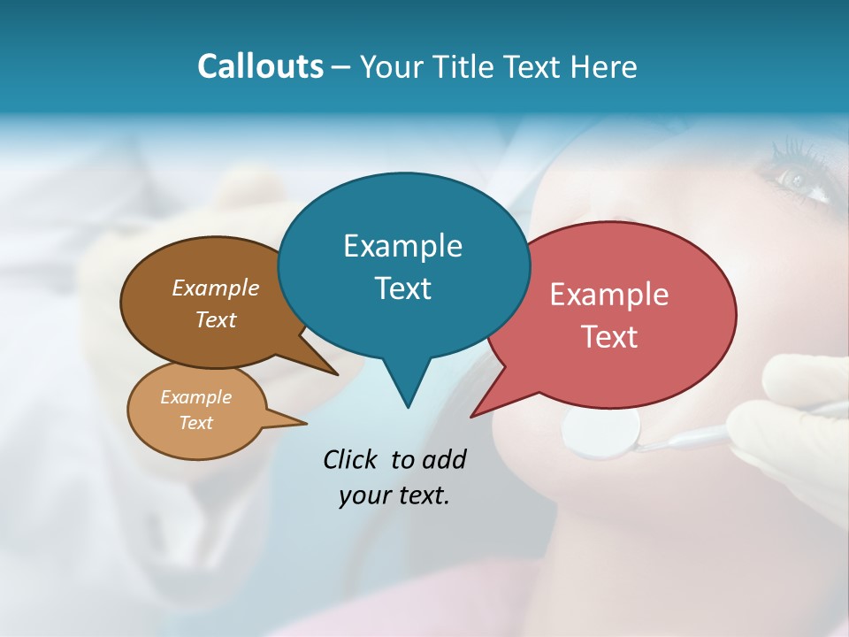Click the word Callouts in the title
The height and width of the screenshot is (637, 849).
pyautogui.click(x=260, y=66)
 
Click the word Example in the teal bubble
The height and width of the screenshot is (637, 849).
pyautogui.click(x=402, y=246)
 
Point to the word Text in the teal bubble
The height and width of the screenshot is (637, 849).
pyautogui.click(x=402, y=288)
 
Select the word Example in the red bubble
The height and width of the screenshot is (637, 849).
pyautogui.click(x=609, y=295)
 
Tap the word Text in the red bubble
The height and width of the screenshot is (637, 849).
pyautogui.click(x=609, y=337)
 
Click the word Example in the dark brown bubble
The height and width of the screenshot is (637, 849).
pyautogui.click(x=215, y=288)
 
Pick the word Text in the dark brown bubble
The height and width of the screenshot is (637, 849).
pyautogui.click(x=215, y=320)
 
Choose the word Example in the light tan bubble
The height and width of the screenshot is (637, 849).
pyautogui.click(x=195, y=397)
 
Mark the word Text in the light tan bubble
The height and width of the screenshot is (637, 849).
pyautogui.click(x=195, y=423)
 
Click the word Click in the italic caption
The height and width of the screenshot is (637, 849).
pyautogui.click(x=351, y=459)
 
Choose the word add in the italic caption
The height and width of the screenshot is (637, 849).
pyautogui.click(x=443, y=459)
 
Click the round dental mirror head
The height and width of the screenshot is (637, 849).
pyautogui.click(x=600, y=433)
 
